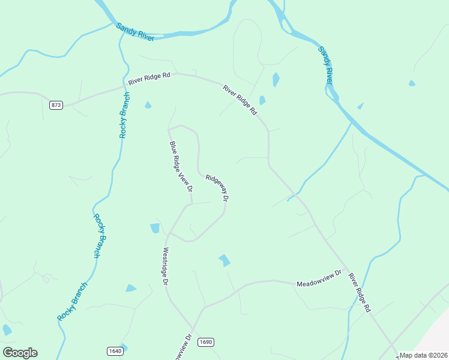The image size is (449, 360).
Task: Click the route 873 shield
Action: pyautogui.click(x=56, y=105)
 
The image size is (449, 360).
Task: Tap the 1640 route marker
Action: pyautogui.click(x=115, y=351)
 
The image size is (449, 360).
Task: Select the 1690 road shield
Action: pyautogui.click(x=205, y=342)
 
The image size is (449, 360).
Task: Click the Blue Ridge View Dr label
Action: pyautogui.click(x=181, y=166)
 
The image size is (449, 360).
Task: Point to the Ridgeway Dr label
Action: pyautogui.click(x=218, y=187)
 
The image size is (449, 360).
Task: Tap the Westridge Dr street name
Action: pyautogui.click(x=165, y=265)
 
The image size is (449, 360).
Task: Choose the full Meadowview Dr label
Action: pyautogui.click(x=319, y=278)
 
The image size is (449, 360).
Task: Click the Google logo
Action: pyautogui.click(x=20, y=353)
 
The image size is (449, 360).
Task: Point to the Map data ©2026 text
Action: pyautogui.click(x=424, y=355)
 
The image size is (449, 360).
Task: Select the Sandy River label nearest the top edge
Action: pyautogui.click(x=135, y=32)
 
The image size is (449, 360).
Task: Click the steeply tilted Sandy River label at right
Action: pyautogui.click(x=326, y=65)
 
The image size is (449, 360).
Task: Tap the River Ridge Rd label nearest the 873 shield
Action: pyautogui.click(x=149, y=77)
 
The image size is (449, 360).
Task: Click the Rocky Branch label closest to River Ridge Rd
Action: pyautogui.click(x=124, y=115)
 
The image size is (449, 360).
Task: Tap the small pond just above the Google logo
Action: pyautogui.click(x=7, y=330)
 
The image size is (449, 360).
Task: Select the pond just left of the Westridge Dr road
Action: pyautogui.click(x=155, y=228)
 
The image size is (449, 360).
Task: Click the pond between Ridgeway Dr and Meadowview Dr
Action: pyautogui.click(x=224, y=260)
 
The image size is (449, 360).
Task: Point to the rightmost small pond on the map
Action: pyautogui.click(x=412, y=83)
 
